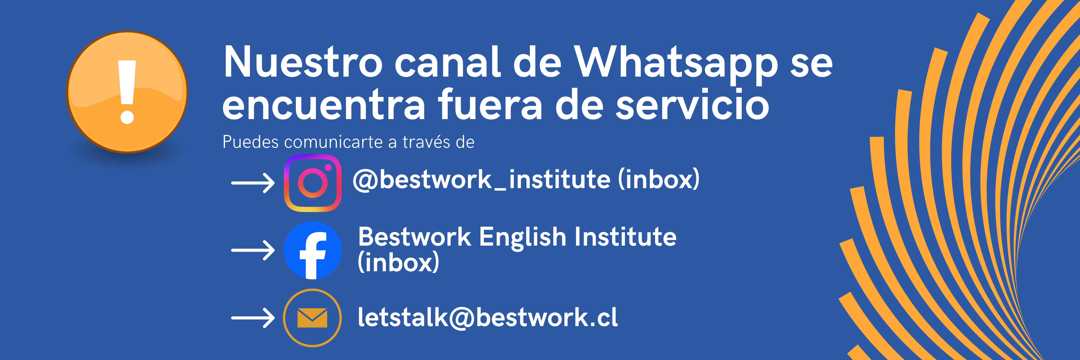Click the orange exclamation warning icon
127,92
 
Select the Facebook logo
313,250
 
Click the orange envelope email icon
312,318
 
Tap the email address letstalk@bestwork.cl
488,317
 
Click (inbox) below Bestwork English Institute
398,262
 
